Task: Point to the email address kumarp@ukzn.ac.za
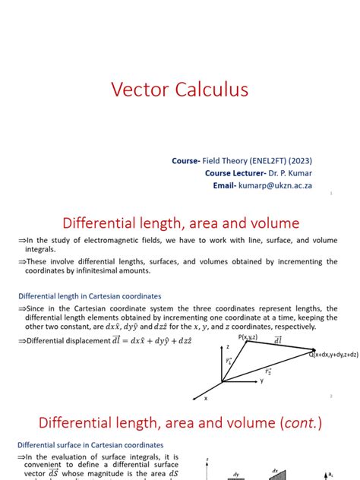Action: (275, 185)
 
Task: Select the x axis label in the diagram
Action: (206, 397)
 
